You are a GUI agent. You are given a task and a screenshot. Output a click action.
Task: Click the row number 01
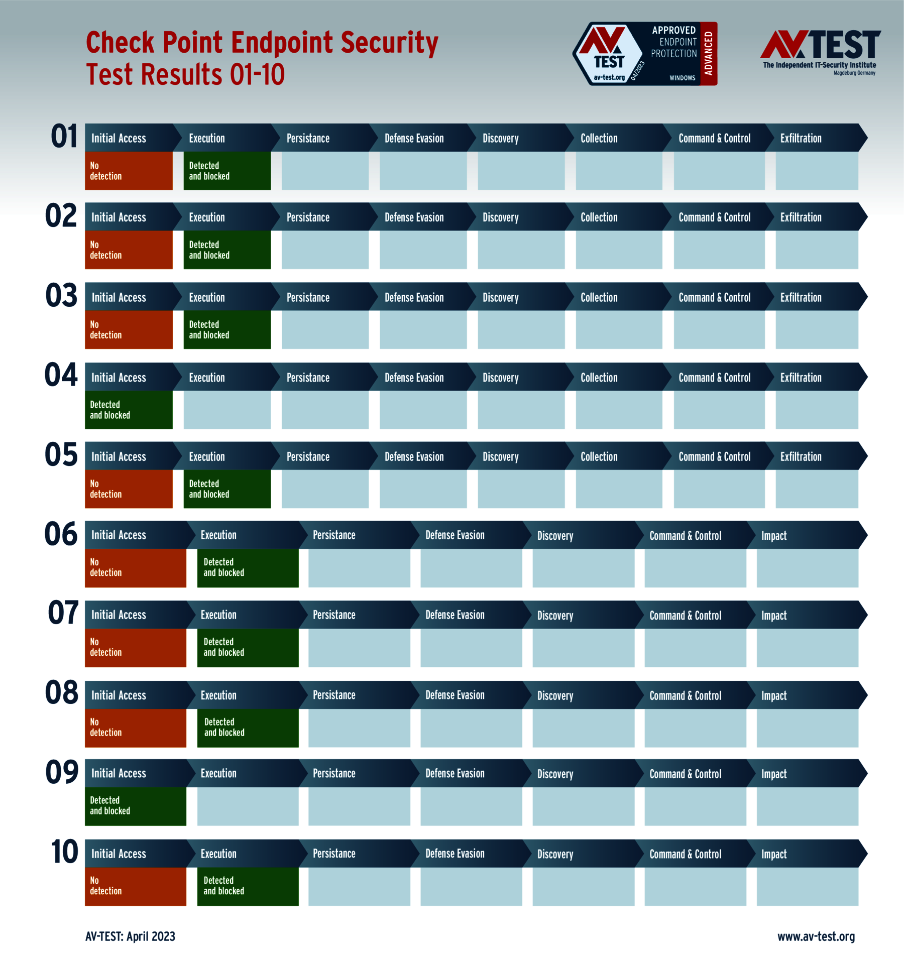(x=64, y=137)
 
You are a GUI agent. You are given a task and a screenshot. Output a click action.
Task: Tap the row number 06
(x=61, y=534)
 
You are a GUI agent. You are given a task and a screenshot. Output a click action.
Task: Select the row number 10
(x=64, y=852)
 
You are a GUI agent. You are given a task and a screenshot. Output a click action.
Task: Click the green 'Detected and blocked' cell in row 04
(x=129, y=410)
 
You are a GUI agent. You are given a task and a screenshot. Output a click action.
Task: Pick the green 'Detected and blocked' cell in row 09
(x=135, y=806)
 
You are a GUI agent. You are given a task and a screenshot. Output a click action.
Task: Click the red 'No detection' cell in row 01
(x=129, y=171)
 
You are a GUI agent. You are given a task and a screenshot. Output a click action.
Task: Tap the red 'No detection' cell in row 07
(x=135, y=647)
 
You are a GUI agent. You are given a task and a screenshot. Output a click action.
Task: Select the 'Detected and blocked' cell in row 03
(x=227, y=329)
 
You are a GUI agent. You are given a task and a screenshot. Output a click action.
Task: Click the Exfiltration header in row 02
(x=801, y=217)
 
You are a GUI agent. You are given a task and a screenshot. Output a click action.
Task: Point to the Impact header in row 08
(x=774, y=695)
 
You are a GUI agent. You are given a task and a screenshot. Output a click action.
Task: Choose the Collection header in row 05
(x=599, y=456)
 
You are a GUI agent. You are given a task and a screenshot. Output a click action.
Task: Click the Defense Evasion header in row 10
(x=455, y=854)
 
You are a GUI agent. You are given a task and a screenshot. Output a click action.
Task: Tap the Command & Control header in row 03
(x=714, y=297)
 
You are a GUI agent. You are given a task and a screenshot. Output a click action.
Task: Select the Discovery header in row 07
(x=555, y=616)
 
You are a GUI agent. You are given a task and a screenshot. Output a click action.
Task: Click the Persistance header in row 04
(x=308, y=378)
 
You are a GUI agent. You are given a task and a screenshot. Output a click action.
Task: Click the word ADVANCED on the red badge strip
(x=709, y=53)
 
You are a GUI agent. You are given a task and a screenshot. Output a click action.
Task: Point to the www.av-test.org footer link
(x=816, y=936)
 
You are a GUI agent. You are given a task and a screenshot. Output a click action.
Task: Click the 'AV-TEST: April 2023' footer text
(x=130, y=936)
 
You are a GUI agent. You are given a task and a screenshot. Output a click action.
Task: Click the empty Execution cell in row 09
(x=248, y=806)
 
